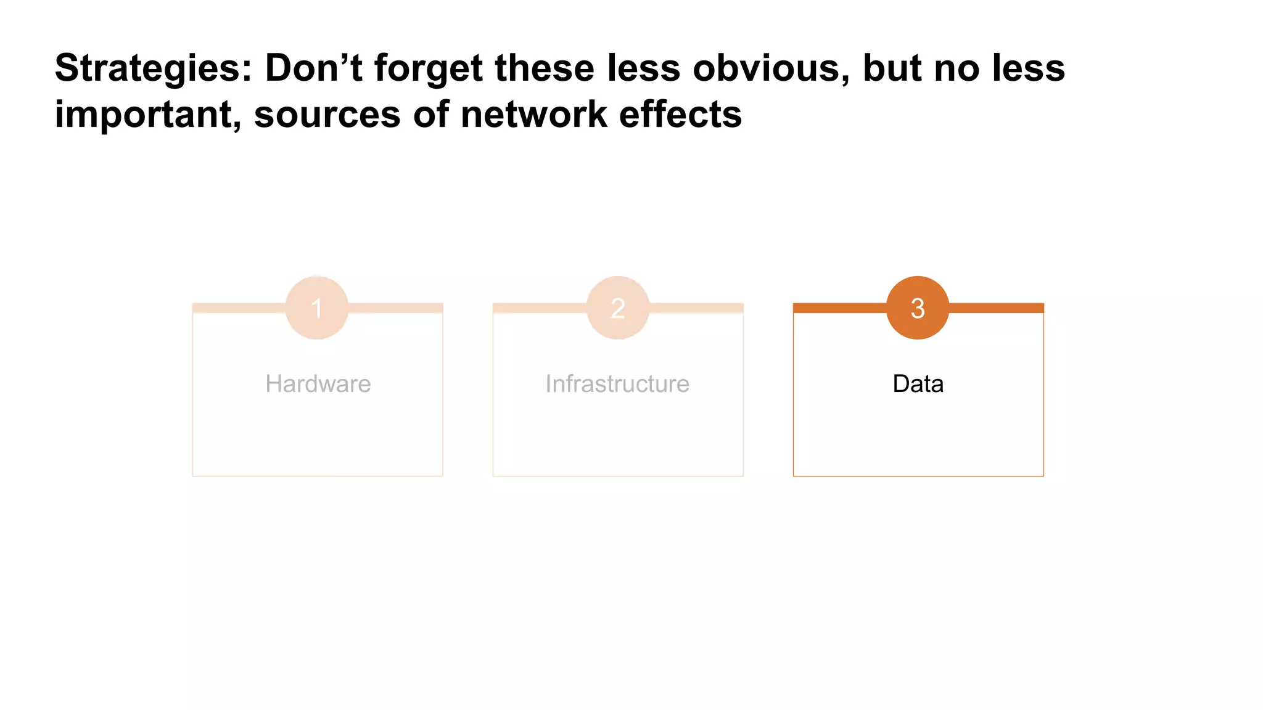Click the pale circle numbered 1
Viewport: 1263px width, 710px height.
click(317, 308)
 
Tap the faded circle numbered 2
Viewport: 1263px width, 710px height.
click(617, 308)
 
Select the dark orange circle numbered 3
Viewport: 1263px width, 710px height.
click(918, 308)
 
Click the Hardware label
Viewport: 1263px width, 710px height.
click(318, 384)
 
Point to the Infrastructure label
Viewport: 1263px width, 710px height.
click(617, 384)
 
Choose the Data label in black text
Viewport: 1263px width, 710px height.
click(918, 384)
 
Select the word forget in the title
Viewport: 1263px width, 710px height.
click(428, 68)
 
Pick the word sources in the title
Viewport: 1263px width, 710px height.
click(327, 115)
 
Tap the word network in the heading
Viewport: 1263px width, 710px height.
click(533, 114)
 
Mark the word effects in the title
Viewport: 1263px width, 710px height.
click(680, 114)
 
